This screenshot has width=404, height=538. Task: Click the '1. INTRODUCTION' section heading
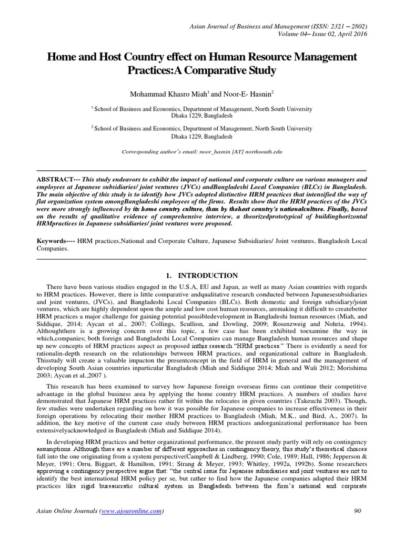pyautogui.click(x=202, y=275)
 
